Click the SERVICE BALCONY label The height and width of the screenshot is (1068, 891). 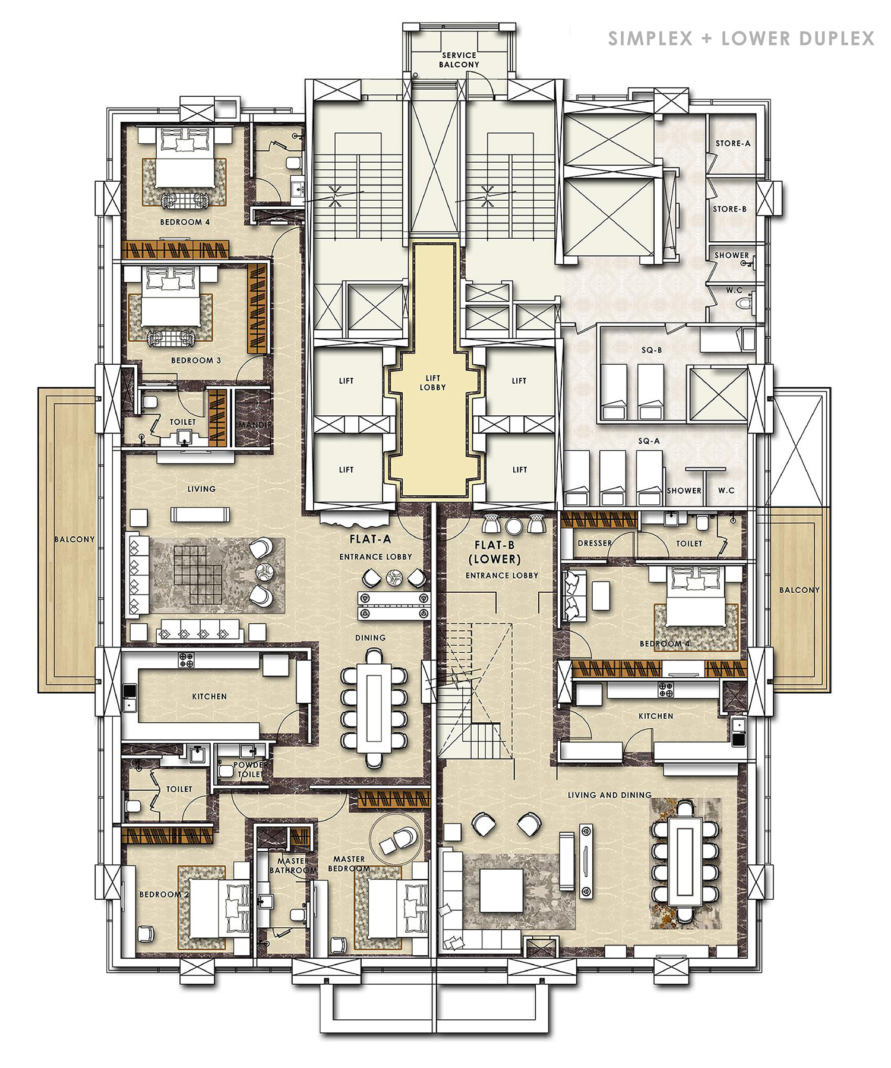coord(459,60)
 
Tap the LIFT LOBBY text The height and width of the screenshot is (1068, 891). coord(432,383)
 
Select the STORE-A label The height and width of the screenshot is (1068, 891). coord(732,143)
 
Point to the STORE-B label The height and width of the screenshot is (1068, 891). coord(729,209)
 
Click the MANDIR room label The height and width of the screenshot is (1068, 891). coord(255,425)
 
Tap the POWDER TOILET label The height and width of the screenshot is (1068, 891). coord(250,769)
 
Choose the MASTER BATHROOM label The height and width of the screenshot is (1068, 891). coord(292,865)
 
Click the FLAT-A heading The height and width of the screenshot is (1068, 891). coord(370,539)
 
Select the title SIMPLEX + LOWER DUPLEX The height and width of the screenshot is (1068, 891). coord(741,39)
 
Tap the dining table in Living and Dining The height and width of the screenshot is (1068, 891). coord(685,862)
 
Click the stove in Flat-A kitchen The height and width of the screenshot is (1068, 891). coord(186,659)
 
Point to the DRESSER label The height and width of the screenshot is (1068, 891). coord(595,543)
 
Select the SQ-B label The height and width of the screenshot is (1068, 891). coord(651,350)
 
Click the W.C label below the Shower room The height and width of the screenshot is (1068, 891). coord(734,290)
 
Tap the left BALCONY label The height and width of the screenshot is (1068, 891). coord(74,539)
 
